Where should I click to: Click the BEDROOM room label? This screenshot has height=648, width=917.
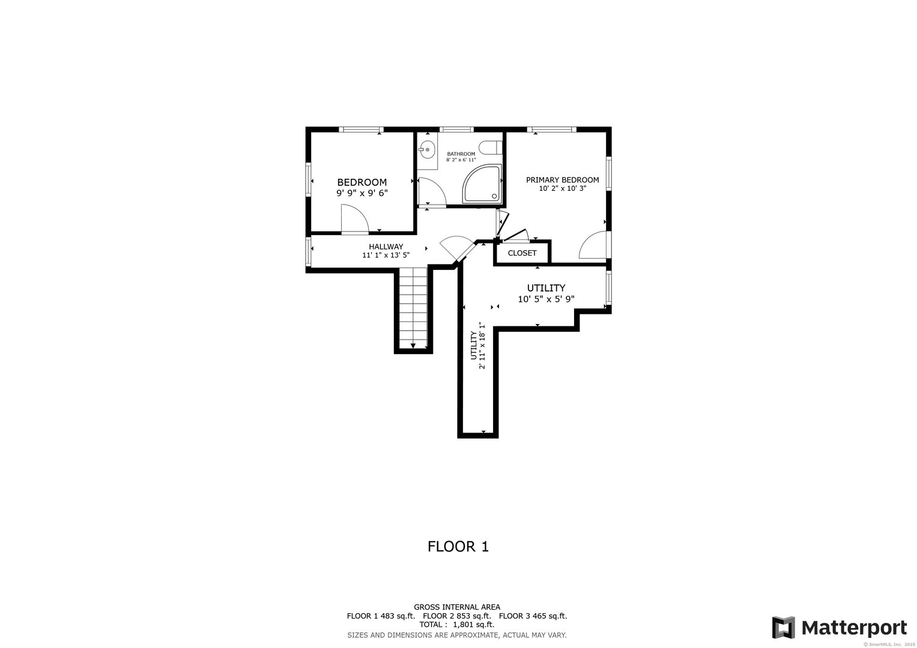[x=362, y=182]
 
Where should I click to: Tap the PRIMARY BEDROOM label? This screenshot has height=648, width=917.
[x=562, y=179]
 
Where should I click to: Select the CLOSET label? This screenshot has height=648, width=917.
[x=522, y=253]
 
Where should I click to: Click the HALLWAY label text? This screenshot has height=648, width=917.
[x=386, y=247]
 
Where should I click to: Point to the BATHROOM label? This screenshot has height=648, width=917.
[x=461, y=154]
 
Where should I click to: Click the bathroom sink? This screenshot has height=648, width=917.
[x=426, y=150]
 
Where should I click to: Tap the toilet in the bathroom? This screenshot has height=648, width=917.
[x=490, y=147]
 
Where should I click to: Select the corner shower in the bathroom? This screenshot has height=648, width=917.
[x=482, y=184]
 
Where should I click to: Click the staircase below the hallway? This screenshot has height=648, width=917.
[x=413, y=308]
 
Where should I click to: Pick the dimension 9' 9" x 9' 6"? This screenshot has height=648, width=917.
[x=362, y=193]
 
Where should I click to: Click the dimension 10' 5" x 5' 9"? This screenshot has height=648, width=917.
[x=546, y=299]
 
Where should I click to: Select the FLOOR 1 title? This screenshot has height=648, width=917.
[x=458, y=547]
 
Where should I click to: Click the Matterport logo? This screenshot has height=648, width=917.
[x=839, y=627]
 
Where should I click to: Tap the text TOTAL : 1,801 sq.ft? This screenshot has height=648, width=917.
[x=457, y=625]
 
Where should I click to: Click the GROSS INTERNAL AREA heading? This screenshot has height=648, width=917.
[x=457, y=607]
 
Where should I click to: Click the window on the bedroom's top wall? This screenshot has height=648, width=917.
[x=361, y=130]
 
